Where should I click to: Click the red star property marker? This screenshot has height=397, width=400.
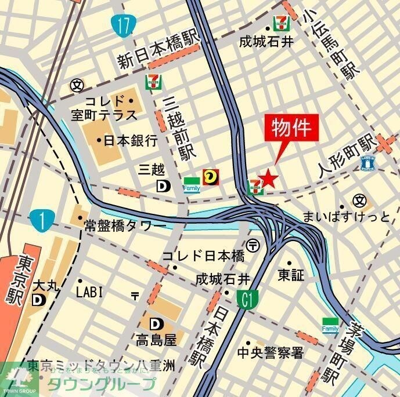[268, 177]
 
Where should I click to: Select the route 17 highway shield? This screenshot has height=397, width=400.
[122, 25]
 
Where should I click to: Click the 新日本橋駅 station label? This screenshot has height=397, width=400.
[157, 53]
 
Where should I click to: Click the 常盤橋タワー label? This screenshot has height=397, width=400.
[125, 225]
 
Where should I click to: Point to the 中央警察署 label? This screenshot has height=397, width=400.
[271, 352]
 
